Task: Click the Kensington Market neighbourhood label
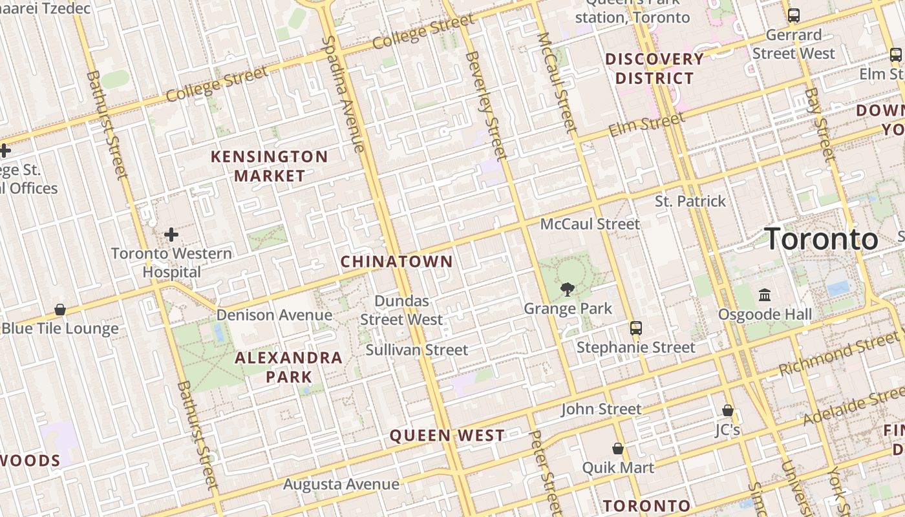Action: tap(270, 166)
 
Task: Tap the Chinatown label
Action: tap(396, 262)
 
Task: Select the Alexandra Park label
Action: tap(288, 367)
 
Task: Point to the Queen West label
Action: tap(447, 436)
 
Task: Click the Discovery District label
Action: tap(654, 69)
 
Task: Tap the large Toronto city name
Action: tap(822, 239)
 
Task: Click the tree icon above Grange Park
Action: tap(568, 289)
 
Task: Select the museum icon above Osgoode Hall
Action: tap(765, 295)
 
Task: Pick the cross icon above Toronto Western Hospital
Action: tap(171, 234)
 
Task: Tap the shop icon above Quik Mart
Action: tap(618, 448)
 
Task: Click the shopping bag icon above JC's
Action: tap(728, 410)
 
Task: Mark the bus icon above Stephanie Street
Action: tap(636, 328)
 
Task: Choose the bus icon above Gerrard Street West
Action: tap(794, 16)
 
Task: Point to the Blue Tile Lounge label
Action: tap(60, 328)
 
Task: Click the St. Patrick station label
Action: tap(690, 201)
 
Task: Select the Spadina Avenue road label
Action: tap(343, 94)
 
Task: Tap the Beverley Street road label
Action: tap(485, 105)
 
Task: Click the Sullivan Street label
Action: tap(417, 350)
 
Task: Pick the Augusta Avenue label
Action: tap(341, 484)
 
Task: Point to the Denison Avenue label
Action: tap(274, 315)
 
